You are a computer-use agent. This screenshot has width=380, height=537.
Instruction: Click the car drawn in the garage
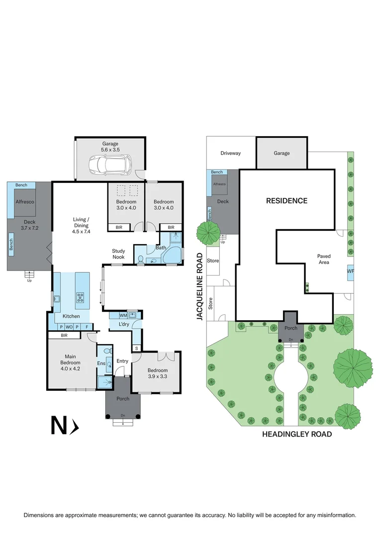[x=110, y=165]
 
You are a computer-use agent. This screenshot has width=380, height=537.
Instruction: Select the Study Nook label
[x=118, y=254]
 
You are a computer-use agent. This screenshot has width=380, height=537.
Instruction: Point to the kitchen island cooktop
[x=80, y=298]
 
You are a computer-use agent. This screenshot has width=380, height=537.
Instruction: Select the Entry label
[x=122, y=361]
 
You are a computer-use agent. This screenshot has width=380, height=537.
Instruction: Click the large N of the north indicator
[x=59, y=425]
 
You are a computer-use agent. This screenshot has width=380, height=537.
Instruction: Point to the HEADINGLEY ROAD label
[x=297, y=434]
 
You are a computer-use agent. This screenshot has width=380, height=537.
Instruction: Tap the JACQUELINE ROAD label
[x=200, y=287]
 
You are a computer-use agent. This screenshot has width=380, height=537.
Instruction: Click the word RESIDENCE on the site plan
[x=286, y=201]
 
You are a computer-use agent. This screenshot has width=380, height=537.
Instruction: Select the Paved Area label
[x=324, y=259]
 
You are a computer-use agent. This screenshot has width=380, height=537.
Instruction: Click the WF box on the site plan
[x=350, y=271]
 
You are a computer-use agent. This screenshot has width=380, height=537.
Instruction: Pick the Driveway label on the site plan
[x=230, y=153]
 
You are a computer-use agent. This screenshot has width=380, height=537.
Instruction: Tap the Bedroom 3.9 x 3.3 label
[x=157, y=373]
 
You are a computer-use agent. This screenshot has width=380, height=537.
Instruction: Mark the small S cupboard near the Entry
[x=136, y=348]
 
